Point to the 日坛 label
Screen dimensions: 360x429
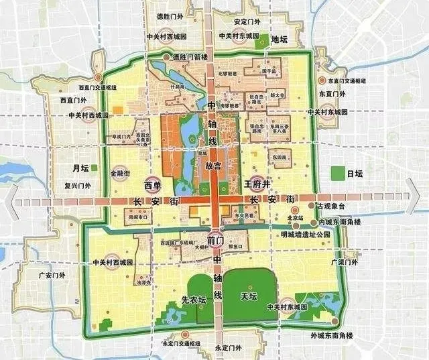click(x=355, y=174)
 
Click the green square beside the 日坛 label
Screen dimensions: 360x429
click(x=338, y=172)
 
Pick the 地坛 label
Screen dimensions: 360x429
click(x=280, y=40)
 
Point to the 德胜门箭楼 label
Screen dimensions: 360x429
click(x=191, y=59)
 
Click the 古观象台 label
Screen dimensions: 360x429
click(x=334, y=206)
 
